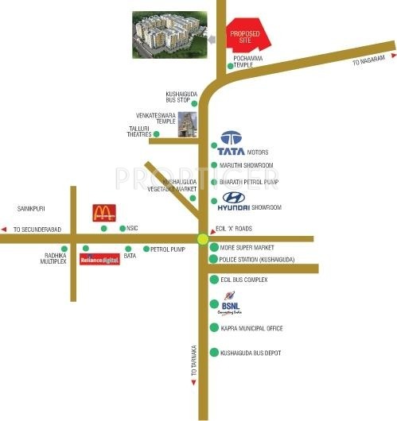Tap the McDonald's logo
pos(103,212)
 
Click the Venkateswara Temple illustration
pos(188,126)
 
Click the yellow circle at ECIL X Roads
pos(202,238)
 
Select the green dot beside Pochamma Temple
pos(230,67)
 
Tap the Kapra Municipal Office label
pos(251,327)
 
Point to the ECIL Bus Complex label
pos(244,280)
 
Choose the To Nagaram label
pos(369,60)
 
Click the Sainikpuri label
pos(29,208)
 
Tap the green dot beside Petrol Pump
pos(144,249)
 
